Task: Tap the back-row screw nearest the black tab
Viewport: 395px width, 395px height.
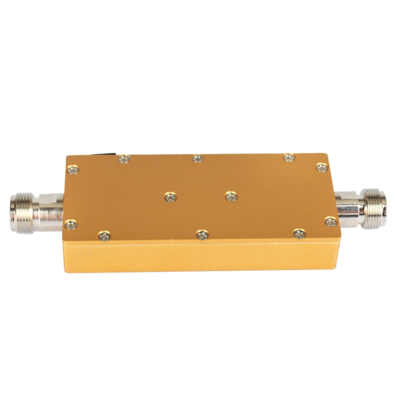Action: click(x=124, y=159)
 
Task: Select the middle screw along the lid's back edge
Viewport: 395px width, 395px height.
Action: click(x=197, y=158)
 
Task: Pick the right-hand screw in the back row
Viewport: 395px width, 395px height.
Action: click(x=288, y=157)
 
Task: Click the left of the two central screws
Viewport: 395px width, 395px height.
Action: click(x=170, y=197)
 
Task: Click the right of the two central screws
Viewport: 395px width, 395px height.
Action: click(x=231, y=196)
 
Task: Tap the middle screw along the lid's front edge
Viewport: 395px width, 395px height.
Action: click(x=202, y=235)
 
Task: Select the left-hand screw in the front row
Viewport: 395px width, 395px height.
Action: click(x=104, y=236)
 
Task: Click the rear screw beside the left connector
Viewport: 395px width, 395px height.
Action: click(x=73, y=170)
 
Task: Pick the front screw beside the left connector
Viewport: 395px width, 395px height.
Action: click(x=71, y=225)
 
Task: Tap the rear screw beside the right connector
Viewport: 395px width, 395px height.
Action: click(x=322, y=167)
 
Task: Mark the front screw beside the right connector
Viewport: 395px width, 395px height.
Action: click(x=330, y=221)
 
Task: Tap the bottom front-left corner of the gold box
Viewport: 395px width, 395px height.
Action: click(x=66, y=271)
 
